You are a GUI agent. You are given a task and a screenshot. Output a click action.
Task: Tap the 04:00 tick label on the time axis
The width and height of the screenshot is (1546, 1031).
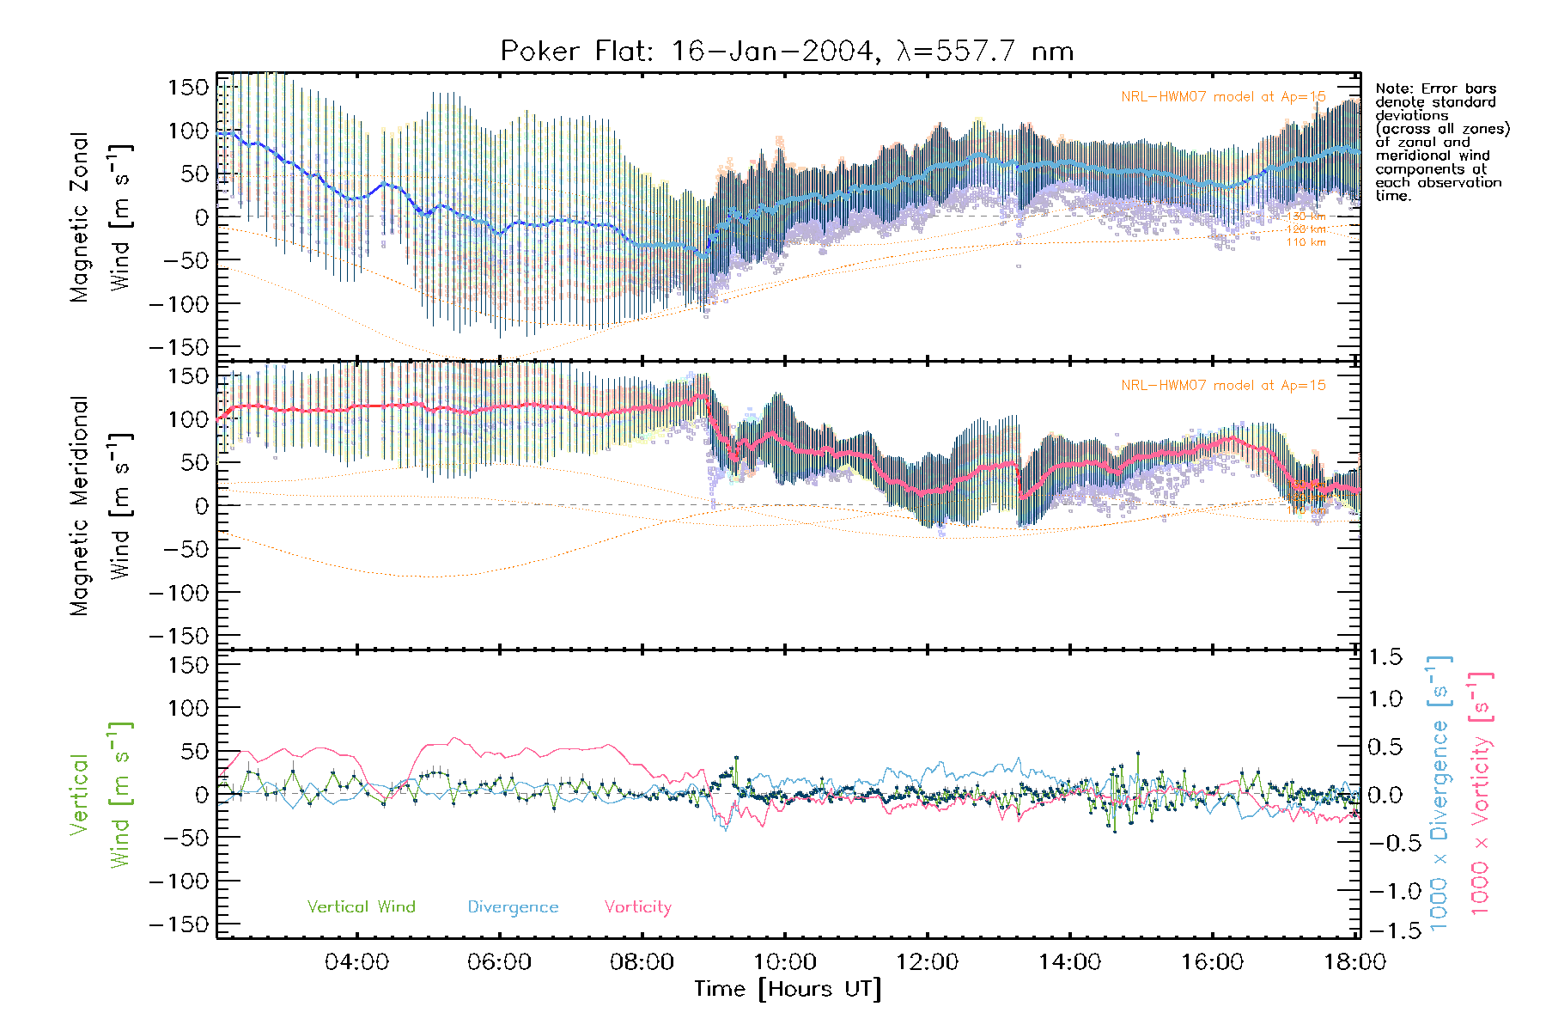[356, 962]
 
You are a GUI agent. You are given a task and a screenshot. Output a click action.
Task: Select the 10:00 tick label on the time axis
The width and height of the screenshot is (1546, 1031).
[784, 962]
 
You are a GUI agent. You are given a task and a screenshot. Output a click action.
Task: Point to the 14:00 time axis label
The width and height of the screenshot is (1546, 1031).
[1069, 962]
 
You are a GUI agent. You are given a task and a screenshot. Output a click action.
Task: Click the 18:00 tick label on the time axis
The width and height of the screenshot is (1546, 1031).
[1354, 962]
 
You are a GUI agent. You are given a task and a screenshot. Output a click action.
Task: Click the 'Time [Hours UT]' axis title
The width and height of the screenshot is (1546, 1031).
[788, 989]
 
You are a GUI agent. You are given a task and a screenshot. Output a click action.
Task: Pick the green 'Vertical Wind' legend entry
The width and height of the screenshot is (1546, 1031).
[361, 906]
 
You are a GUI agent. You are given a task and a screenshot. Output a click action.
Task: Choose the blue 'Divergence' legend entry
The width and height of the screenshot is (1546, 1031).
[513, 906]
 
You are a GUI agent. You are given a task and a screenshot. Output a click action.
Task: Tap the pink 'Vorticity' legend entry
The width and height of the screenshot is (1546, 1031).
[637, 906]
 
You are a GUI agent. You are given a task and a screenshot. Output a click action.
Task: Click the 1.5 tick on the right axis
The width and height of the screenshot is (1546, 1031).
[1385, 657]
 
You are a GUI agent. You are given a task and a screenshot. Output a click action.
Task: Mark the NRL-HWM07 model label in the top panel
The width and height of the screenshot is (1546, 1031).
[1223, 96]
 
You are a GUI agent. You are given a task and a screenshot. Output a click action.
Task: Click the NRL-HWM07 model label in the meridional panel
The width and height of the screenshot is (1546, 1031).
[1223, 385]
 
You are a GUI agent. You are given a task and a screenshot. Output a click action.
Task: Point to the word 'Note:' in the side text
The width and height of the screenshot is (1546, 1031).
[1394, 88]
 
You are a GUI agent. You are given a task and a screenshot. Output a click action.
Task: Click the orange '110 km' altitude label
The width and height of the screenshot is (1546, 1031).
[1306, 242]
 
